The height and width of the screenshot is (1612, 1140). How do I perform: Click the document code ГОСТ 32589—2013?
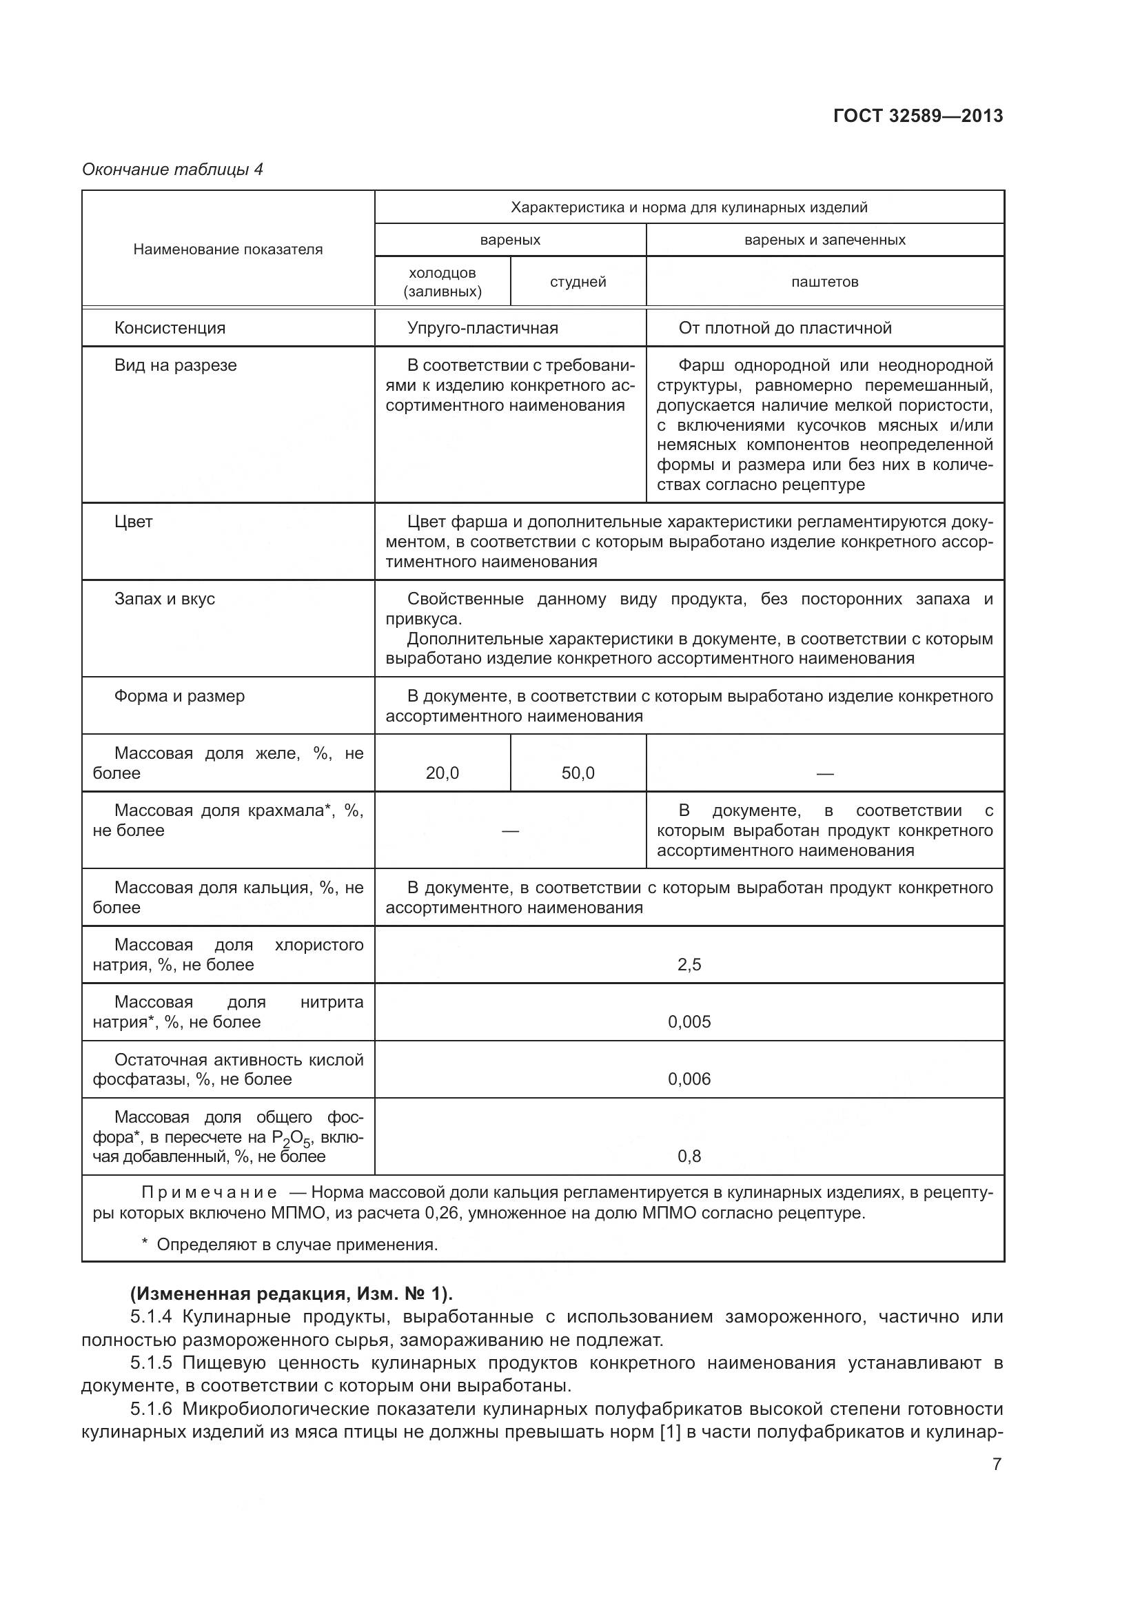pos(917,116)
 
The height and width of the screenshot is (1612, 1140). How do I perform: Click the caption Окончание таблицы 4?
pos(172,170)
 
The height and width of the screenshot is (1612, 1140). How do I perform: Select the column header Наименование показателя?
pos(227,249)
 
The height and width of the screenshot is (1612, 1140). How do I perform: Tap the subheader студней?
pos(577,282)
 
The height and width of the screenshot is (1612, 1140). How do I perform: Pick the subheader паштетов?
pos(824,282)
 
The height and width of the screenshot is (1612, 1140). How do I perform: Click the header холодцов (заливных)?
pos(442,283)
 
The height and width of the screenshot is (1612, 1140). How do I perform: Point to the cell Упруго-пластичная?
pos(482,328)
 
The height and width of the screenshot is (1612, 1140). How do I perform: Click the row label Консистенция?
pos(169,328)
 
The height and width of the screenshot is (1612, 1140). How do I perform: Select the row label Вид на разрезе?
pos(175,365)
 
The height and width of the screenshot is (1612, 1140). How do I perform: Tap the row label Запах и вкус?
pos(164,599)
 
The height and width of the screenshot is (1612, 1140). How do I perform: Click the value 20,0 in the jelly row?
pos(442,773)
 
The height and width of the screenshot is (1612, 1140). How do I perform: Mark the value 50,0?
pos(577,773)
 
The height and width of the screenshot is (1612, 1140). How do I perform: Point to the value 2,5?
pos(689,965)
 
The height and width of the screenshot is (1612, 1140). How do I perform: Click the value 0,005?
pos(689,1021)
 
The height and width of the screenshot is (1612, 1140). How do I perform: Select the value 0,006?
pos(689,1079)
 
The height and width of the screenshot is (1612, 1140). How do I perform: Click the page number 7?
pos(996,1464)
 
